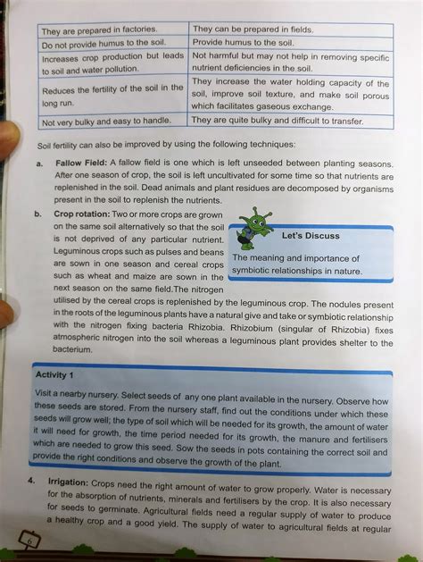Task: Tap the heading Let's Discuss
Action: point(310,237)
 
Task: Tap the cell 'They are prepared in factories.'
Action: point(99,29)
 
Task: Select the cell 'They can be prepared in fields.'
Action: point(253,29)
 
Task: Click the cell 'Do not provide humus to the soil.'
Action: point(105,43)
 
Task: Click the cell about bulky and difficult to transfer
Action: point(290,120)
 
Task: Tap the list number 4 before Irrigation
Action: point(31,481)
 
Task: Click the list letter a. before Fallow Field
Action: point(39,164)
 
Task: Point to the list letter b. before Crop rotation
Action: point(38,215)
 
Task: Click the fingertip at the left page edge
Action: point(6,134)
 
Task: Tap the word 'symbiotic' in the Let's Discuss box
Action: point(254,270)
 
